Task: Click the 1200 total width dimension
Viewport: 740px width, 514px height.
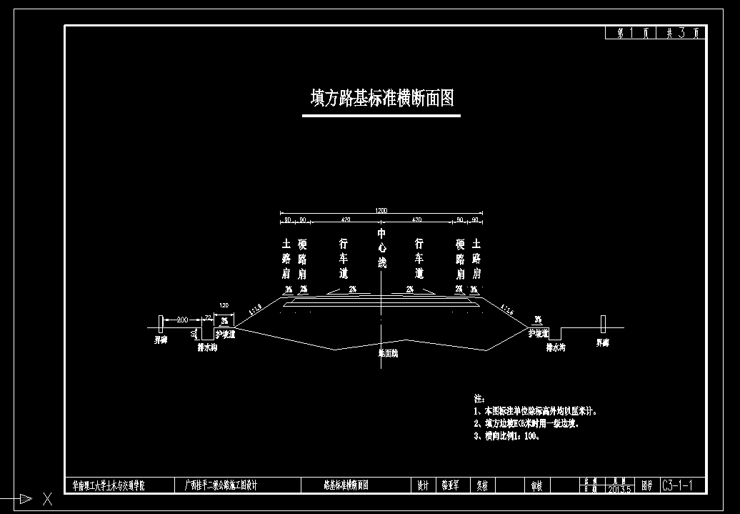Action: point(381,211)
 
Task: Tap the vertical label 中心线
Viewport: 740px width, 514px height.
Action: point(381,248)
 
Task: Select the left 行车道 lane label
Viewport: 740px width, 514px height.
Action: point(344,258)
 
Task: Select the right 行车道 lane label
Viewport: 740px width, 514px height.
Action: point(419,258)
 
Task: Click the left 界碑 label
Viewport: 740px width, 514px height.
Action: point(161,342)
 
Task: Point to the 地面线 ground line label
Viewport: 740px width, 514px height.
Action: point(388,353)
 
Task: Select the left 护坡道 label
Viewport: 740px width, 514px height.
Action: point(225,334)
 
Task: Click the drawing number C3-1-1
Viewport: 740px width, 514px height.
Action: point(683,486)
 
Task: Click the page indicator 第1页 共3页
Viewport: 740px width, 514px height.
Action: point(655,33)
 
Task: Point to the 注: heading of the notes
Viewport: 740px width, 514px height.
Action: point(479,397)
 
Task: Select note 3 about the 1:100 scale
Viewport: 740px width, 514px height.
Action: point(506,436)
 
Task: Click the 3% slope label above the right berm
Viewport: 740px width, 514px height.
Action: point(538,320)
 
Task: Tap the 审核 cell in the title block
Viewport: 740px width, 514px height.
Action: point(536,486)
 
